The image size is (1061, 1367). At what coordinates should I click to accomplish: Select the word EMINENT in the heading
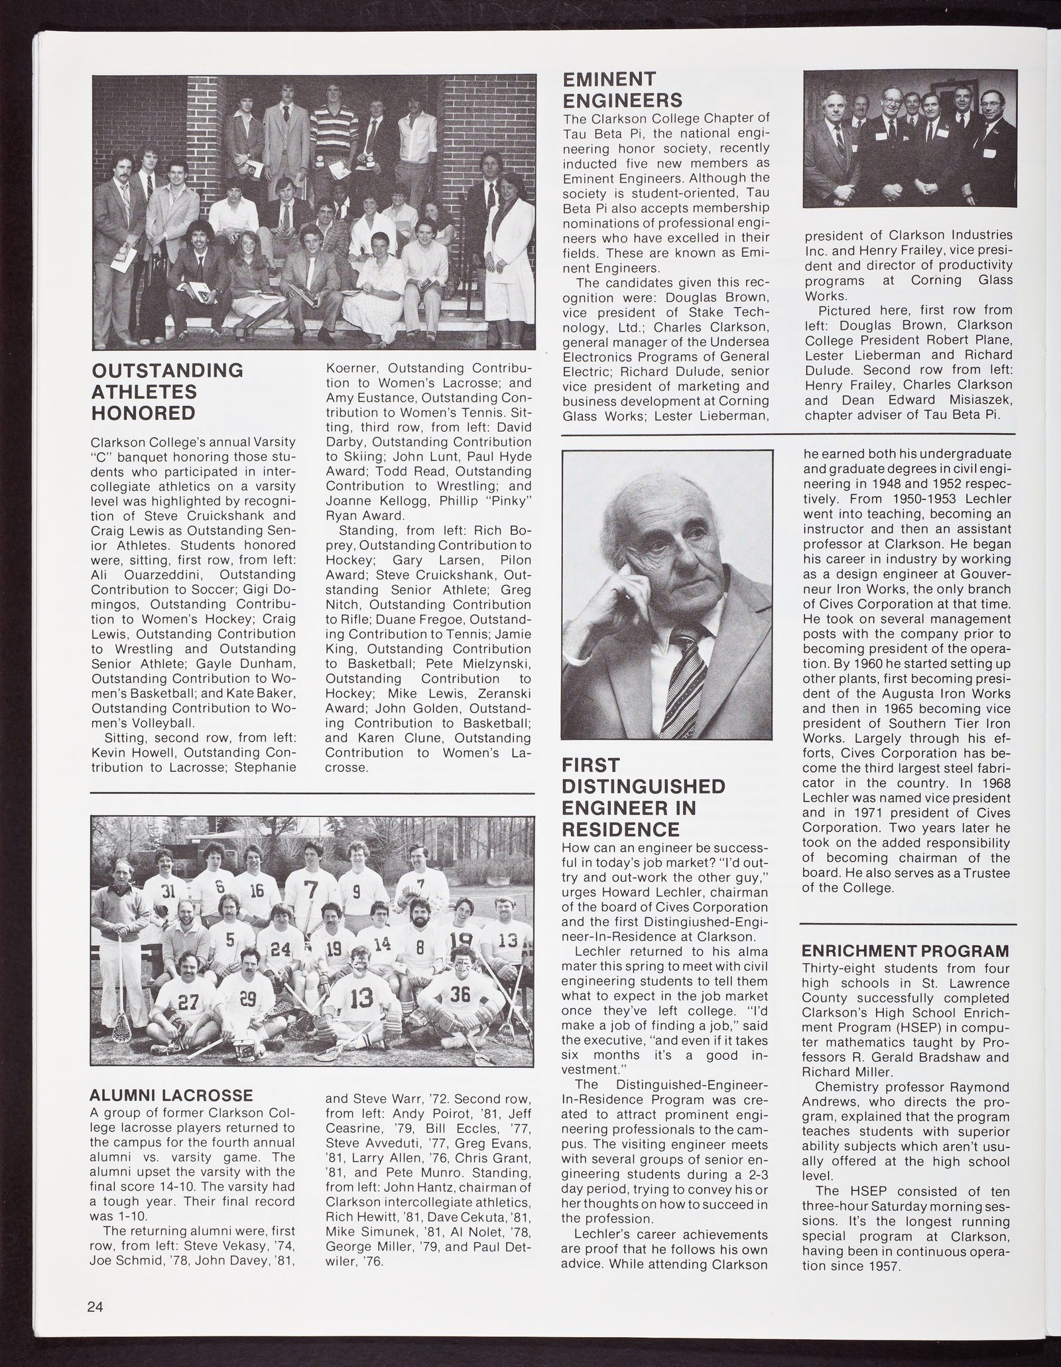(609, 80)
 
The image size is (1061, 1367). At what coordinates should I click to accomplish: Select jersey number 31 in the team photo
(167, 892)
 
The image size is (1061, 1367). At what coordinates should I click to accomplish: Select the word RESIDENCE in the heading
(621, 829)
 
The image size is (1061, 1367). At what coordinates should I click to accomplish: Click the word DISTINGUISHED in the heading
(643, 787)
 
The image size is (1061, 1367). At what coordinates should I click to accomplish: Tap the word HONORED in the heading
(143, 413)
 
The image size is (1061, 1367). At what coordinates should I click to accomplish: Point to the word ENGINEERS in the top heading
(622, 101)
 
